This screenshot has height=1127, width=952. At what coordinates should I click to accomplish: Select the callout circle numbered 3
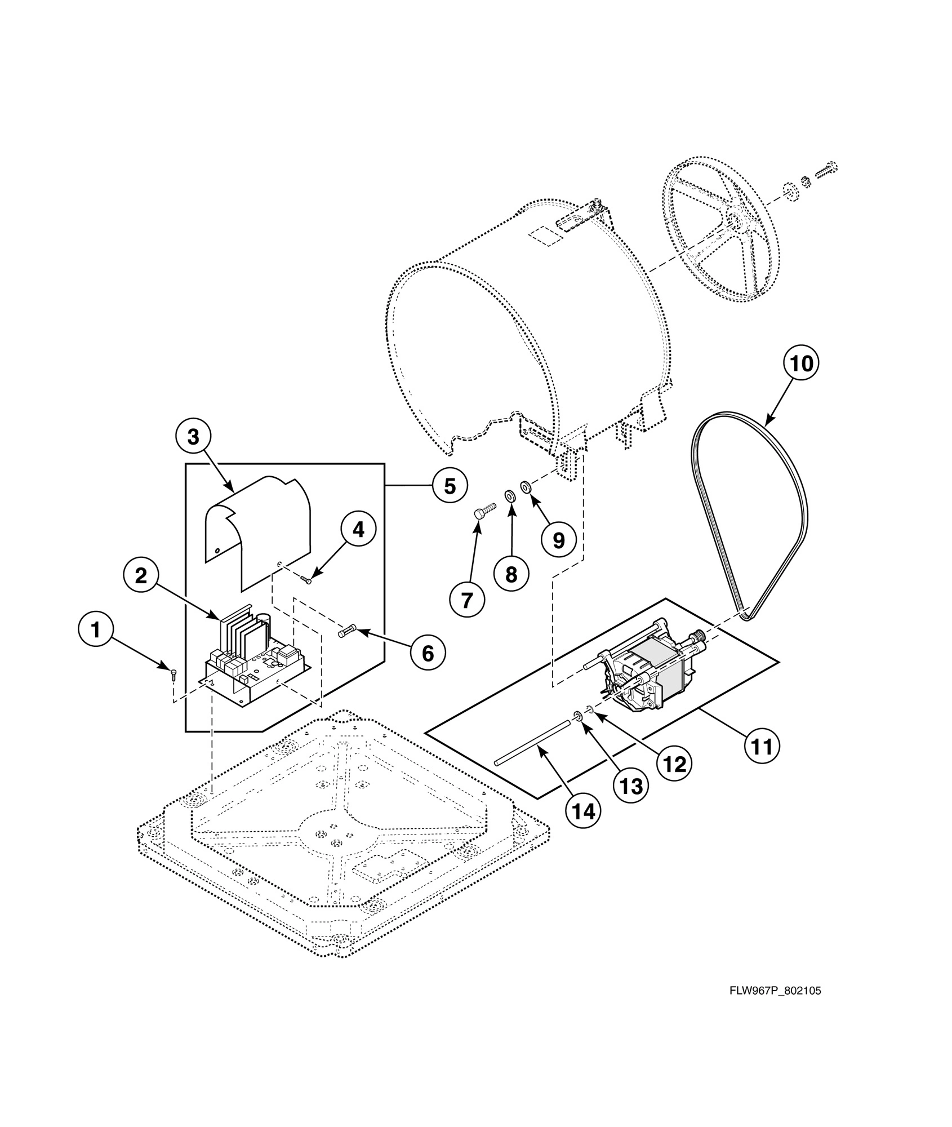point(193,436)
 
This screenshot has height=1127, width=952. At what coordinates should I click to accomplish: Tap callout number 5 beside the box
point(450,485)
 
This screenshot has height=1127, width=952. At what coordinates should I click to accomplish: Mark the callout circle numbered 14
point(582,811)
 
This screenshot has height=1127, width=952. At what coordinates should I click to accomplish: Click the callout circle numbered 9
point(558,540)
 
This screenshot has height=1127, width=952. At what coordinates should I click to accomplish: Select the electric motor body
point(653,671)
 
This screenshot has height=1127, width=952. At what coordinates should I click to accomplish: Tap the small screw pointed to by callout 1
point(174,672)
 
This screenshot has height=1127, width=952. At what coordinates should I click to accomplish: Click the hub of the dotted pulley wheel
point(734,217)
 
